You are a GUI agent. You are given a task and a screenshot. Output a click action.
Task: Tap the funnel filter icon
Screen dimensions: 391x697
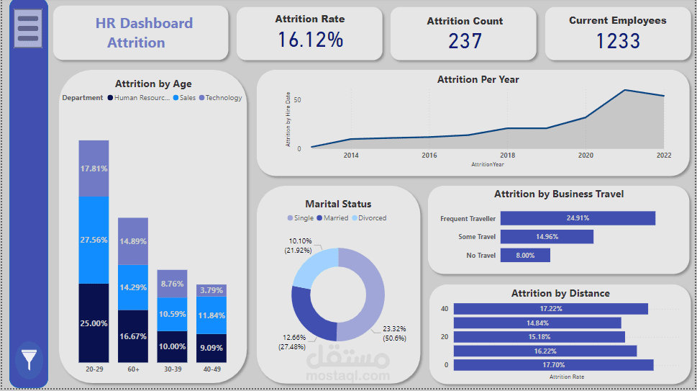coord(29,358)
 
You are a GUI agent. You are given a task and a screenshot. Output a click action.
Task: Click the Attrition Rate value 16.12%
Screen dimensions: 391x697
coord(311,40)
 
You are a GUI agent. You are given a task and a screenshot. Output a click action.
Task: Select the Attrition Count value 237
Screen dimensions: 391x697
coord(465,41)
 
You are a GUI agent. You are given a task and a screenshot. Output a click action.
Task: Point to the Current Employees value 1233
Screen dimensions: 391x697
coord(618,41)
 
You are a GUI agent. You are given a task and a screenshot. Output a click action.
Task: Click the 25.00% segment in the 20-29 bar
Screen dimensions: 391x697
coord(94,323)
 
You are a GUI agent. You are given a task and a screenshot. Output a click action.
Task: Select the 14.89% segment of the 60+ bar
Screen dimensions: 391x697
coord(133,241)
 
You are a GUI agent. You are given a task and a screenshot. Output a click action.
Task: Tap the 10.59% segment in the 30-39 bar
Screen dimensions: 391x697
coord(173,314)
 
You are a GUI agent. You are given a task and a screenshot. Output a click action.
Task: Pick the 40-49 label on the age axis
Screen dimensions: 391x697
coord(211,369)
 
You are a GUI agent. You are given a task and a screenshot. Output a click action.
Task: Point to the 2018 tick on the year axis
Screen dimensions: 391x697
coord(508,155)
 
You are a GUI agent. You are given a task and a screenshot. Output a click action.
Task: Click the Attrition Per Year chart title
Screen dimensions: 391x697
coord(478,79)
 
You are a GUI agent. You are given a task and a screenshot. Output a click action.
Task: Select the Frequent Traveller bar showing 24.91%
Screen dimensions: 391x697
coord(578,218)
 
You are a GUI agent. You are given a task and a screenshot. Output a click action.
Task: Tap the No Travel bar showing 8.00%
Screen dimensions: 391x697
coord(525,255)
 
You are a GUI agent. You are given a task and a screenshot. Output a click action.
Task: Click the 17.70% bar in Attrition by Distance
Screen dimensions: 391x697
coord(553,364)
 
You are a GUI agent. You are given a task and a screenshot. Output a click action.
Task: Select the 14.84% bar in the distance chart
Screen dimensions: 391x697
coord(537,323)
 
